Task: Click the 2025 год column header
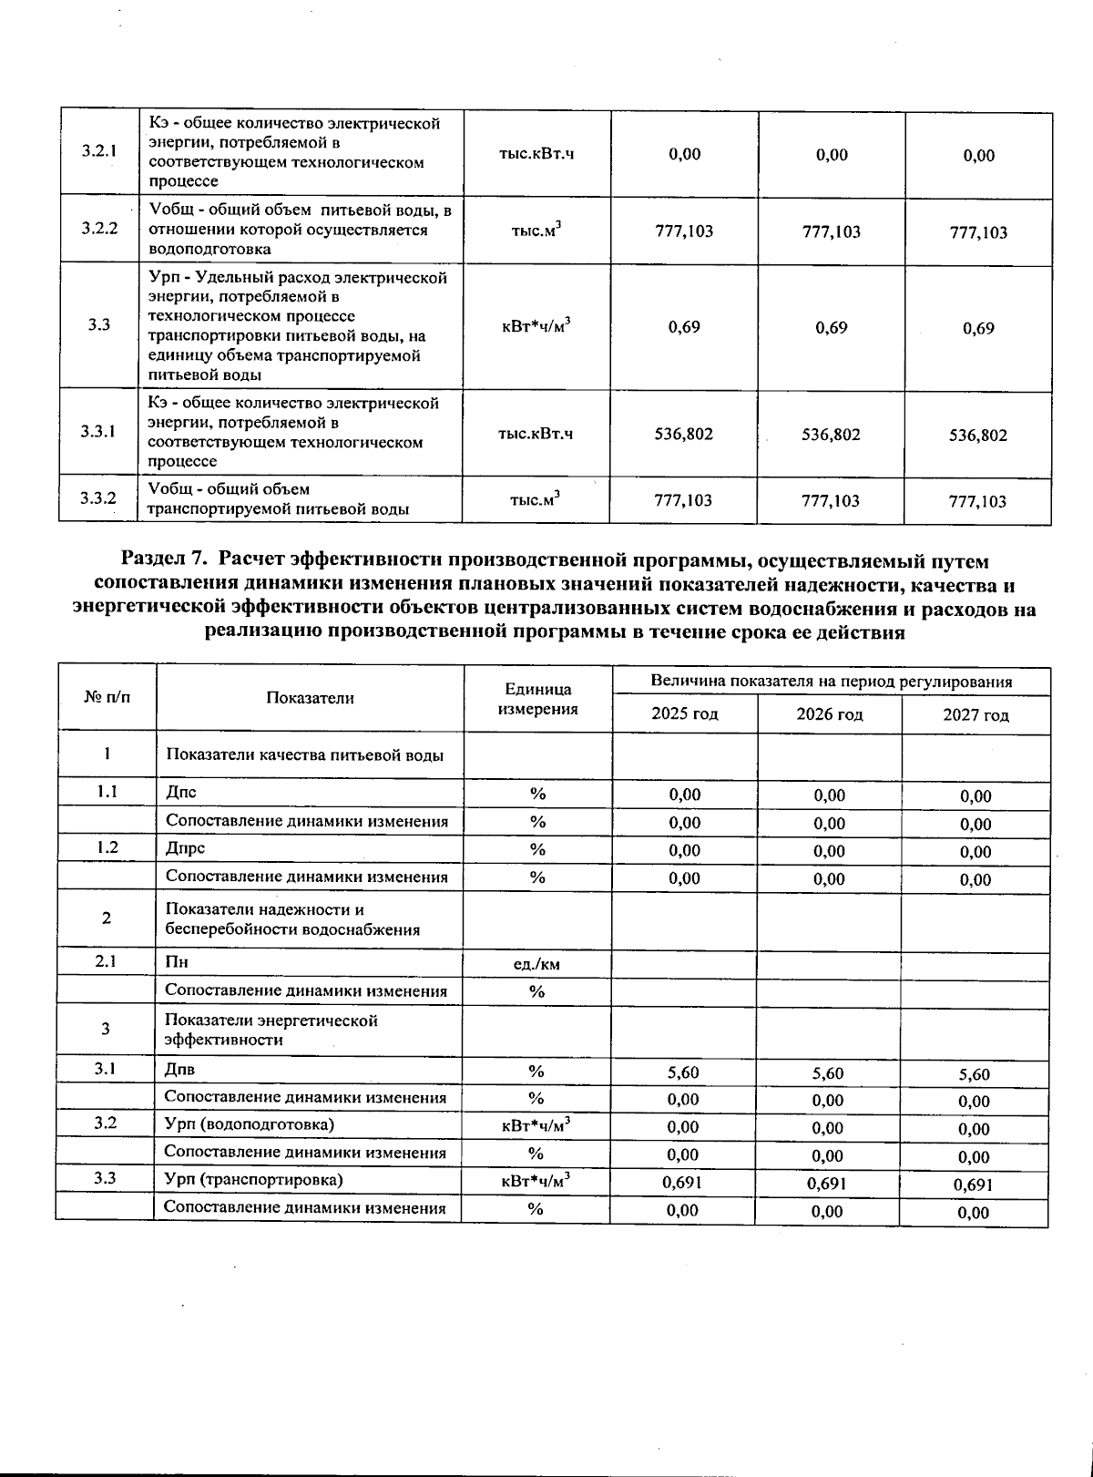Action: click(684, 714)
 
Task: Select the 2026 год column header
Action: click(829, 714)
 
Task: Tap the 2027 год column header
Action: click(976, 715)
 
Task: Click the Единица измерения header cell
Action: click(538, 699)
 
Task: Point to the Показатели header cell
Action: click(310, 698)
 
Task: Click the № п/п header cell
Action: click(107, 698)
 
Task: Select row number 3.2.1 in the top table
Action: click(99, 150)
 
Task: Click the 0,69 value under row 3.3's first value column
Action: click(684, 327)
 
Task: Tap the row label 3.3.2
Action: click(98, 498)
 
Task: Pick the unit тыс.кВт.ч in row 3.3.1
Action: click(536, 434)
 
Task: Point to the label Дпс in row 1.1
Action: click(181, 793)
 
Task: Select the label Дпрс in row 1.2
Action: click(185, 848)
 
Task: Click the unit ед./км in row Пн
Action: click(536, 963)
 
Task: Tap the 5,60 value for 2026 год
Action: click(828, 1073)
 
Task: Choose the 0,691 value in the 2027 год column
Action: click(973, 1185)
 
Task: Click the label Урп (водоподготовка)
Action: click(249, 1124)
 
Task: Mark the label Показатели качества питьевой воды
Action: click(304, 754)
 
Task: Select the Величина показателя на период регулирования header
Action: click(831, 682)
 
